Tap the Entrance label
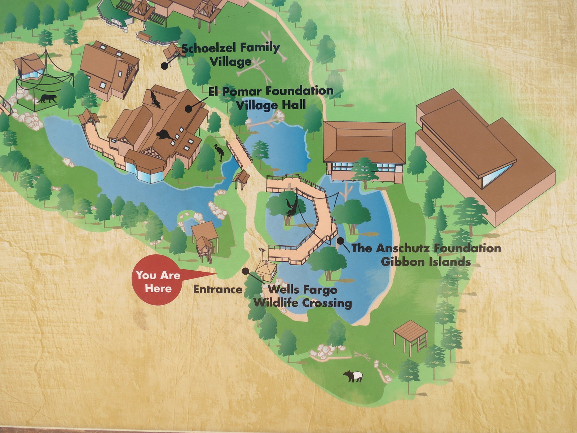[x=218, y=289]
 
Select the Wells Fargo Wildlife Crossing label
[x=302, y=296]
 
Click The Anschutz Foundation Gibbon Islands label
[x=426, y=255]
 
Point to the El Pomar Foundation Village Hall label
[x=271, y=97]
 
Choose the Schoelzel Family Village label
[x=230, y=54]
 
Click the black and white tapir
[x=353, y=376]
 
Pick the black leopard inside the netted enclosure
[x=47, y=99]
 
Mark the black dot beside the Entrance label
[x=245, y=271]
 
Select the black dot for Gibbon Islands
[x=340, y=241]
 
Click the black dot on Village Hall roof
[x=188, y=108]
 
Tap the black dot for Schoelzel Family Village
[x=164, y=66]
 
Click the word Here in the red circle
[x=158, y=288]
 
